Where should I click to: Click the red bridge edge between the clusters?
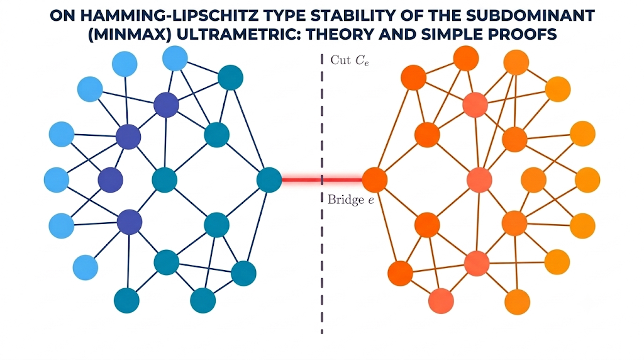[x=322, y=179]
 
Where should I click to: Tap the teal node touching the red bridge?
[x=269, y=179]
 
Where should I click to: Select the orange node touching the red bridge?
[x=375, y=179]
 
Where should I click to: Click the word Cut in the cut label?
[x=340, y=60]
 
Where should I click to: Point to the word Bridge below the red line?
[x=346, y=200]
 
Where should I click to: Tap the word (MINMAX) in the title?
[x=130, y=34]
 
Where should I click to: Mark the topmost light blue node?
[x=175, y=58]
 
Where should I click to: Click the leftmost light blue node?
[x=56, y=179]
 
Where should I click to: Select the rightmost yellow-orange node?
[x=588, y=179]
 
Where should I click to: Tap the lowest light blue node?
[x=86, y=267]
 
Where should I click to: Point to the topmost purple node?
[x=166, y=105]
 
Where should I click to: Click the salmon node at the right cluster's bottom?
[x=441, y=301]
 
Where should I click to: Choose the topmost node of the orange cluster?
[x=466, y=58]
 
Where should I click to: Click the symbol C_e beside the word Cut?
[x=362, y=61]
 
